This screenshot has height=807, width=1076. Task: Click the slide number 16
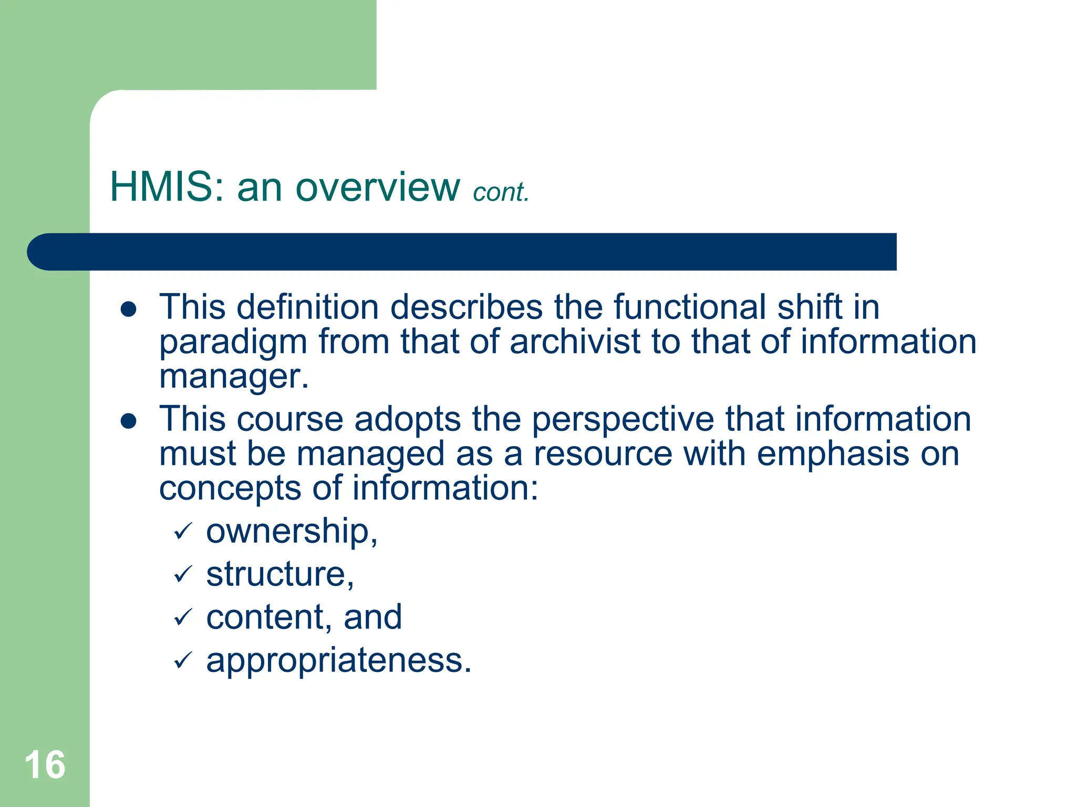[45, 765]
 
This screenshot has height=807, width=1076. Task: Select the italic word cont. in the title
[501, 192]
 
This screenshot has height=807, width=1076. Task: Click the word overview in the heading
[378, 187]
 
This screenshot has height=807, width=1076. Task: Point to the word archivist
[575, 342]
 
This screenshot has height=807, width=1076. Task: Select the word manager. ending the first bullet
[234, 377]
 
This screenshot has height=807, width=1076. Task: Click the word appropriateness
[339, 661]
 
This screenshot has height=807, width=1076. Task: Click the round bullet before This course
[129, 421]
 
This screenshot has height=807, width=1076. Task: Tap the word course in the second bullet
[290, 420]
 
